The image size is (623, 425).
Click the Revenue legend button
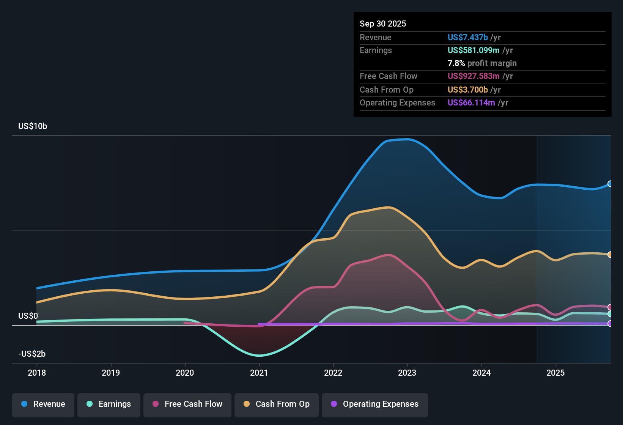[43, 404]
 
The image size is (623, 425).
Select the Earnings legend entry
[109, 404]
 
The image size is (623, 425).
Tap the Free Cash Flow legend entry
[187, 404]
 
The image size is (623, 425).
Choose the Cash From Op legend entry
[277, 404]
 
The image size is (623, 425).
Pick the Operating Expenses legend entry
[375, 404]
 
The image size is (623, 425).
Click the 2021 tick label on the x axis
[259, 373]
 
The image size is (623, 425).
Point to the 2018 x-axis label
[37, 373]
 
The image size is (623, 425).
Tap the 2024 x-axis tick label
[481, 373]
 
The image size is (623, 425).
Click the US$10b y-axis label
[33, 126]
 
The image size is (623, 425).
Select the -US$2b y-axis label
[32, 354]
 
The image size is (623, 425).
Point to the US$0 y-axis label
[28, 316]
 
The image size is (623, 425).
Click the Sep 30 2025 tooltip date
[383, 24]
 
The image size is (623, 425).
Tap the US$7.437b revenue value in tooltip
[467, 38]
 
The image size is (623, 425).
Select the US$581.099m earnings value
[474, 50]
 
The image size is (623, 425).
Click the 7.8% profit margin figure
[456, 63]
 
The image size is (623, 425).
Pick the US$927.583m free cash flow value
[474, 76]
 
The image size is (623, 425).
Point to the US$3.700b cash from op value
[467, 90]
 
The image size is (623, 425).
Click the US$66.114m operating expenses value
[471, 103]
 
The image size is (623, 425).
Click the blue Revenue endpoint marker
[610, 184]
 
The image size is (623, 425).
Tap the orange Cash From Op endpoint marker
[610, 255]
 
